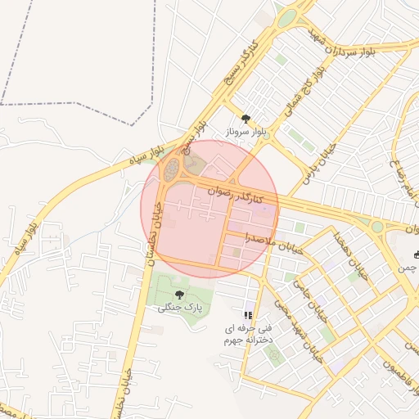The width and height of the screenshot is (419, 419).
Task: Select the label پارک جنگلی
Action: [179, 307]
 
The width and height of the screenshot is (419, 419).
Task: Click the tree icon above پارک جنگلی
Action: [179, 295]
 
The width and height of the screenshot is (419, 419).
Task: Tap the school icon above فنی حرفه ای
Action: [247, 315]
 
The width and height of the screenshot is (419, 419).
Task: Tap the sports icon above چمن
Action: [417, 254]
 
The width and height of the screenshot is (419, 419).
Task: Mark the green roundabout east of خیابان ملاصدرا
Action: [377, 227]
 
